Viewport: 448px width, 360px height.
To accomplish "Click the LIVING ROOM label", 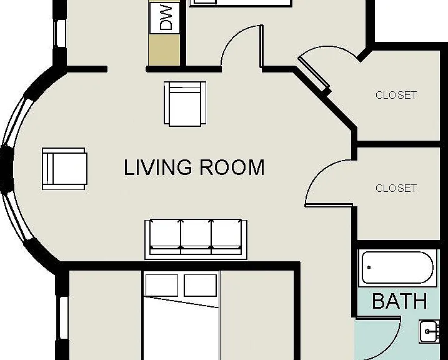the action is click(194, 167).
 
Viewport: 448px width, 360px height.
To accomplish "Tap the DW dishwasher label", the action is click(166, 17).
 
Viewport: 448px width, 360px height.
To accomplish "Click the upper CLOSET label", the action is click(396, 95).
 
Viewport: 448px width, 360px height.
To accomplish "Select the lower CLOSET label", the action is click(396, 188).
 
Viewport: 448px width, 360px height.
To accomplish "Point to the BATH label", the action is click(400, 301).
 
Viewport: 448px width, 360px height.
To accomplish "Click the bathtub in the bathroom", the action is click(397, 267).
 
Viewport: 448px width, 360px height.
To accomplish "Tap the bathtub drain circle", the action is click(369, 267).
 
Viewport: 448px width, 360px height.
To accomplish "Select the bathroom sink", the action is click(429, 331).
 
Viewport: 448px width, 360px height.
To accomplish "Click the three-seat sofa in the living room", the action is click(196, 239).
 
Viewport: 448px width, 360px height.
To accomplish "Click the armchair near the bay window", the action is click(64, 169).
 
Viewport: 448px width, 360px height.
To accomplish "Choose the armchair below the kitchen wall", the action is click(185, 103).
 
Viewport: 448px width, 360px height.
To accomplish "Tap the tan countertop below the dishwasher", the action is click(164, 50).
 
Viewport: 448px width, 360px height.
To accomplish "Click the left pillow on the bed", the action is click(162, 285).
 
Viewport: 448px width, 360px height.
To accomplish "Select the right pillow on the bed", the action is click(201, 285).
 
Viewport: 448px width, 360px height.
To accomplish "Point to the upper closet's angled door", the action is click(314, 73).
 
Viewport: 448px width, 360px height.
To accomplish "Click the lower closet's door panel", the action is click(329, 205).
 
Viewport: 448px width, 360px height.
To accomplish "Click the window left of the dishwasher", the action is click(60, 33).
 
